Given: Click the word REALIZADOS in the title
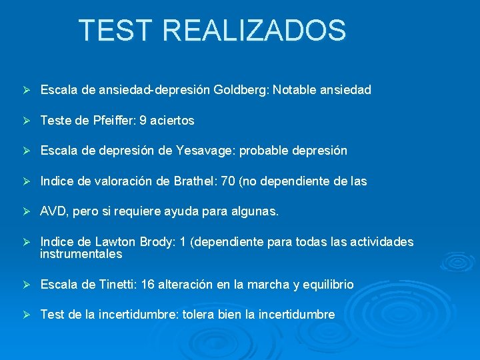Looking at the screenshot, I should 254,31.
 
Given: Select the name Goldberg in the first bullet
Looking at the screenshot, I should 240,89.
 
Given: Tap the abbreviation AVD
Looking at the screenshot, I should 53,211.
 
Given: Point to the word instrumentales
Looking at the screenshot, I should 81,254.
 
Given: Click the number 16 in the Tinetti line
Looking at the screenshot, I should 147,285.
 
